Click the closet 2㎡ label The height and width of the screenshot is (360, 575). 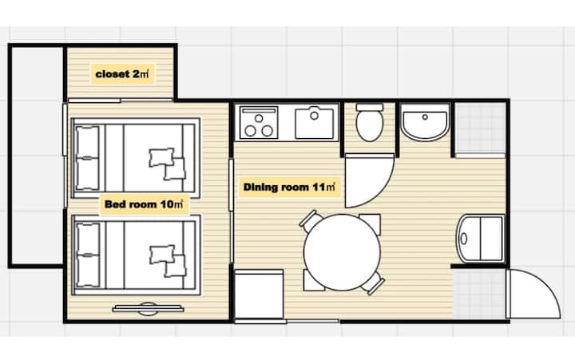point(122,74)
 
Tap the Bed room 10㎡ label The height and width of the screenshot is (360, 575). point(144,204)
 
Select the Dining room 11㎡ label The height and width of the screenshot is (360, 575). point(289,187)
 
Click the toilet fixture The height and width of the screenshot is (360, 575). point(370,122)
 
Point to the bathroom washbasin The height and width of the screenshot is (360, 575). point(425,122)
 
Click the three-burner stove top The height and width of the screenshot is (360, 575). point(259,123)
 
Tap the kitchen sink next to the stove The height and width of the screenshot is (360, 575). point(315,123)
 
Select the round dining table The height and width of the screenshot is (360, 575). point(342,252)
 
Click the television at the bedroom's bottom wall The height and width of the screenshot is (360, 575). point(148,309)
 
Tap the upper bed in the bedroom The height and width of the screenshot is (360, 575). point(136,157)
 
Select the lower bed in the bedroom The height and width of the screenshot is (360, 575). point(136,255)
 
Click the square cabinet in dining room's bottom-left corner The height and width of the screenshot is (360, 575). point(259,295)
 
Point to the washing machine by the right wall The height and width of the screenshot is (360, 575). point(481,239)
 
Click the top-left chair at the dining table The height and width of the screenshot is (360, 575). point(309,220)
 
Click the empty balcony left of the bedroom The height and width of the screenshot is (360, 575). point(36,156)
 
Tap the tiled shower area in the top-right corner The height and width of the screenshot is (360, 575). point(480,128)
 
